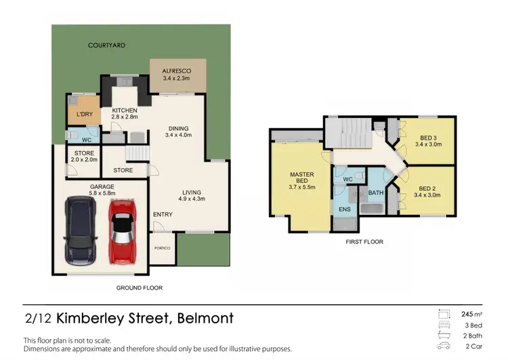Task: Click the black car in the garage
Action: (81, 231)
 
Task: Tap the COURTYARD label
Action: (107, 45)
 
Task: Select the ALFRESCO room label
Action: (177, 71)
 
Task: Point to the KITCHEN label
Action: (125, 110)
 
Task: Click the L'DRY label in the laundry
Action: (85, 114)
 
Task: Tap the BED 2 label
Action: (426, 188)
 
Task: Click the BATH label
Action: (375, 193)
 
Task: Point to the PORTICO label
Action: (163, 248)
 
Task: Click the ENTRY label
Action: (163, 215)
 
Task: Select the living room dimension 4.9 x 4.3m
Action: (192, 199)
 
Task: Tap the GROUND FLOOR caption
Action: (139, 288)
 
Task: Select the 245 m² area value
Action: (470, 314)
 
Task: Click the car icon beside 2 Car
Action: (444, 346)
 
